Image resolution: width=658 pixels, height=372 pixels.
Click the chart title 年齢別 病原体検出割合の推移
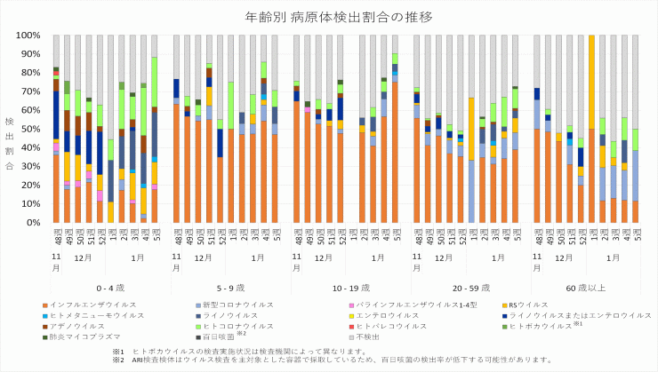tap(328, 17)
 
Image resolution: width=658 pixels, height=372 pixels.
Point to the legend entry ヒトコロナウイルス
tap(249, 326)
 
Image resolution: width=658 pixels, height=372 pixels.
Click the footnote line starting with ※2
tap(338, 360)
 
